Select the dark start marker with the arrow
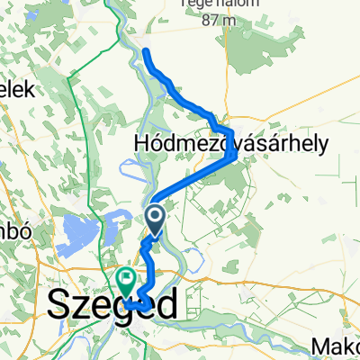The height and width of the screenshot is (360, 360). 154,217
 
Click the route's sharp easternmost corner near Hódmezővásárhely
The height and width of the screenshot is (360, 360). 235,157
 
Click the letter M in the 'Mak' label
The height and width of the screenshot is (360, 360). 323,346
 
